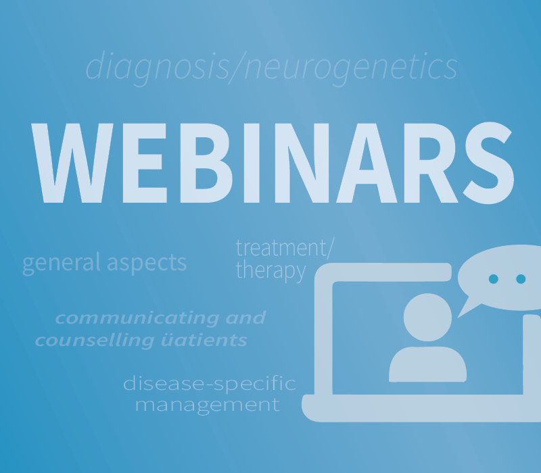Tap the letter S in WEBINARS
[488, 163]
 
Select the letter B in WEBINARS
[206, 163]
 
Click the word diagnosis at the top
[158, 67]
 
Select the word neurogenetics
[351, 67]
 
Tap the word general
[62, 263]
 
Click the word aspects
[147, 264]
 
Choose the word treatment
[282, 247]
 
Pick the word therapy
[271, 271]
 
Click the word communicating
[137, 318]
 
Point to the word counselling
[95, 341]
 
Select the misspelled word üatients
[204, 341]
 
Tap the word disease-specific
[210, 383]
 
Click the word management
[207, 405]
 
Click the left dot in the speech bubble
[494, 279]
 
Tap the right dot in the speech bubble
[521, 279]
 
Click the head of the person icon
[427, 317]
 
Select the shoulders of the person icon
[427, 364]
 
